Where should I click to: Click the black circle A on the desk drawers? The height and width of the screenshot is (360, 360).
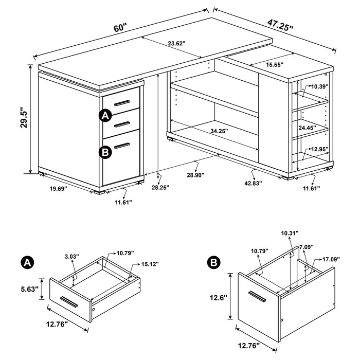(105, 116)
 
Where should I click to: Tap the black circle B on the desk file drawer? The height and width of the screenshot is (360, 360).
(105, 151)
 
